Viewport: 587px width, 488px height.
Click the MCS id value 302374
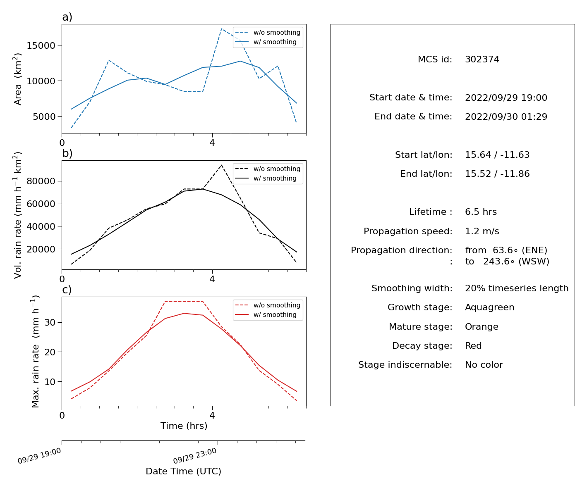pyautogui.click(x=482, y=59)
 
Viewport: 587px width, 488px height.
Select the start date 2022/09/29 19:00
pyautogui.click(x=506, y=98)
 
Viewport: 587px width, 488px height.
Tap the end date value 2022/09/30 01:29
pyautogui.click(x=506, y=117)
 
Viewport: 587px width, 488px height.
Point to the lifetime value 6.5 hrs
pyautogui.click(x=481, y=212)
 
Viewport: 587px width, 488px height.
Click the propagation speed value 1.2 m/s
pyautogui.click(x=482, y=231)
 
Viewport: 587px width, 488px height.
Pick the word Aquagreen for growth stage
pyautogui.click(x=489, y=307)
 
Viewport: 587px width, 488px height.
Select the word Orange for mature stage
pyautogui.click(x=481, y=327)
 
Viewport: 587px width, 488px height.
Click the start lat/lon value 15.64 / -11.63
pyautogui.click(x=497, y=155)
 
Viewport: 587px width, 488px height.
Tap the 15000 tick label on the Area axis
pyautogui.click(x=41, y=45)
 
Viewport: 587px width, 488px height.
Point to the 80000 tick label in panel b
pyautogui.click(x=41, y=181)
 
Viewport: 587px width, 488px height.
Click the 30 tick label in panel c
pyautogui.click(x=50, y=322)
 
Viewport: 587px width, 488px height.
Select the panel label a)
pyautogui.click(x=67, y=17)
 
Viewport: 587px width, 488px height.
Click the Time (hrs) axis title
pyautogui.click(x=184, y=426)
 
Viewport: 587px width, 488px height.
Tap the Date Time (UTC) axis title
pyautogui.click(x=183, y=471)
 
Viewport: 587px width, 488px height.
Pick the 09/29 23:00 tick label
pyautogui.click(x=194, y=456)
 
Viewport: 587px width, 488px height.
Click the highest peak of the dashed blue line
pyautogui.click(x=222, y=29)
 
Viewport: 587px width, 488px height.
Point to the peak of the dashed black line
pyautogui.click(x=222, y=165)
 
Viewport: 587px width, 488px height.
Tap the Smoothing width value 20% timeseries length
pyautogui.click(x=516, y=288)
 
